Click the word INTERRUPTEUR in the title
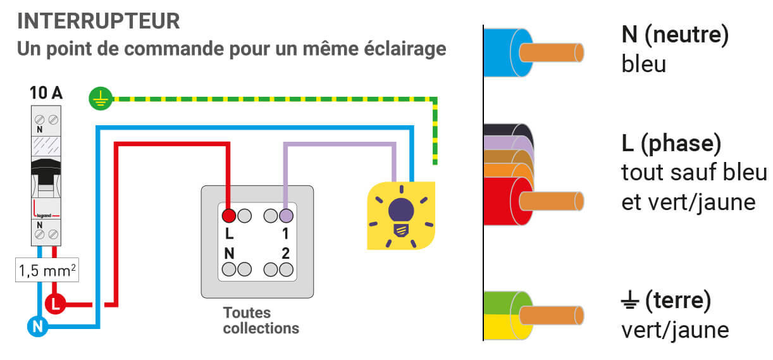coord(99,21)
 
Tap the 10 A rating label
coord(46,94)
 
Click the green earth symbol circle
coord(100,99)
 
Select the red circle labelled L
coord(56,304)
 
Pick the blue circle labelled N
coord(37,326)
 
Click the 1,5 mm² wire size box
coord(46,271)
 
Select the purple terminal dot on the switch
coord(286,215)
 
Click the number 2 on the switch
coord(285,253)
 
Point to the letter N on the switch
coord(229,253)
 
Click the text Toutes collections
coord(261,321)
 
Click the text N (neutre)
coord(675,35)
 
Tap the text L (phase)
coord(671,145)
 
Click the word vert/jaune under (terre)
coord(675,330)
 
